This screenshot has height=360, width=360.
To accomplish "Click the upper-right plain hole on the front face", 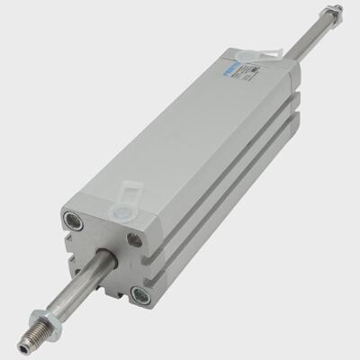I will (x=133, y=239).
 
